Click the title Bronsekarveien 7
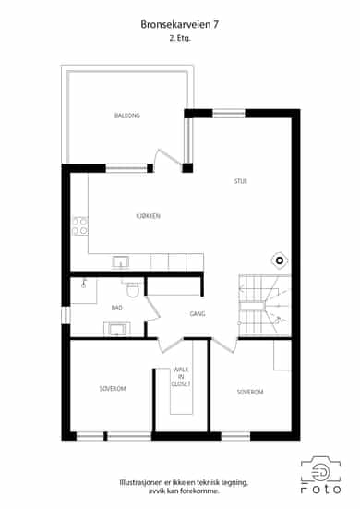click(x=179, y=24)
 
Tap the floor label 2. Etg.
click(x=180, y=38)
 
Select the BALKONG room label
click(x=127, y=115)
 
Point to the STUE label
click(x=241, y=181)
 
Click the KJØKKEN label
click(x=148, y=216)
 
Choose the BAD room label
click(x=116, y=308)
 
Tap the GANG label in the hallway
click(x=198, y=313)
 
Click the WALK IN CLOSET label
click(x=181, y=377)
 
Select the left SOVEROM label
click(x=113, y=389)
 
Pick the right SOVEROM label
click(x=250, y=392)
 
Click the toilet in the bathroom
click(x=132, y=288)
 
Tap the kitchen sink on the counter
click(x=121, y=262)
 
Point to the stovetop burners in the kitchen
click(x=79, y=226)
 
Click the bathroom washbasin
click(x=117, y=329)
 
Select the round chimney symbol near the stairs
click(x=280, y=261)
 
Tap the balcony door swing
click(x=168, y=160)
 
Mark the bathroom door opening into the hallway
click(x=151, y=309)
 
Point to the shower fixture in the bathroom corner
click(x=84, y=284)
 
